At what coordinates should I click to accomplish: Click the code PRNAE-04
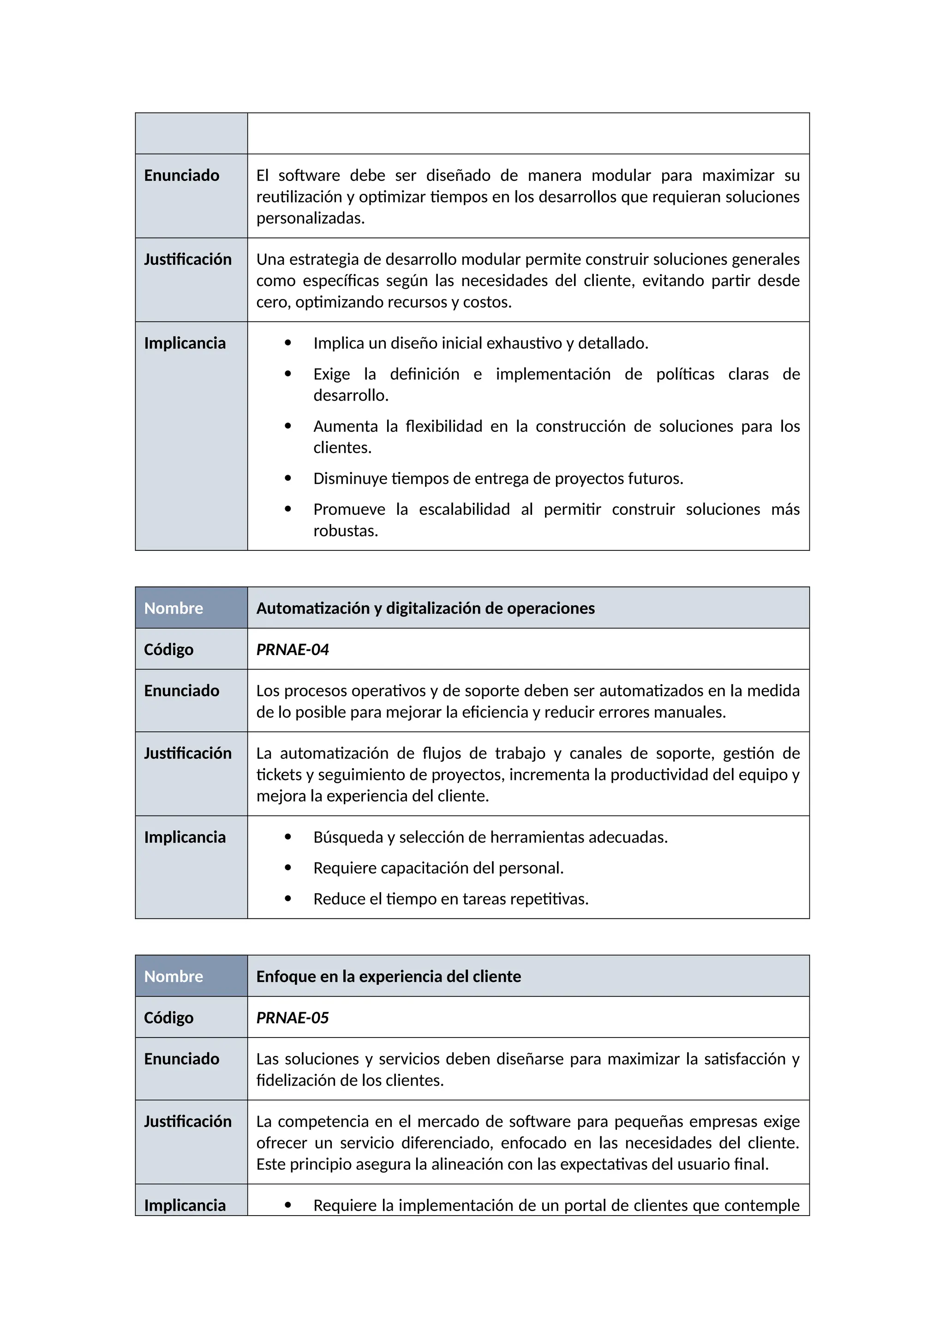coord(292,650)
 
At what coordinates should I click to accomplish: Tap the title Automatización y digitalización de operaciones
coord(425,608)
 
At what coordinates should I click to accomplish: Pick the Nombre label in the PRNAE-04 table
coord(173,608)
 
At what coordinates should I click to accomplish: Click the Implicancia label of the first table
coord(185,343)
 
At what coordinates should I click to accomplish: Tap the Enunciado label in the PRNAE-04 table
coord(181,691)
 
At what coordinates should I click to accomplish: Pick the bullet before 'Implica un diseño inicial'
coord(287,343)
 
